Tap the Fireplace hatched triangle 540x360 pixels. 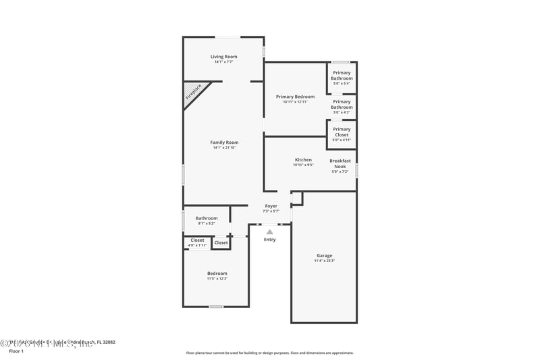pyautogui.click(x=193, y=93)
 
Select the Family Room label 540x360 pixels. pyautogui.click(x=224, y=143)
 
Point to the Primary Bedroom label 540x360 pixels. pyautogui.click(x=295, y=97)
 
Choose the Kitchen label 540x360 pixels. pyautogui.click(x=303, y=160)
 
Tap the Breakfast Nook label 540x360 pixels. pyautogui.click(x=340, y=163)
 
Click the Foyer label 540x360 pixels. pyautogui.click(x=271, y=205)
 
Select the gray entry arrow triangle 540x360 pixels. pyautogui.click(x=270, y=232)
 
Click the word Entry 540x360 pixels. pyautogui.click(x=270, y=240)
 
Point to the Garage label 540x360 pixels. pyautogui.click(x=324, y=255)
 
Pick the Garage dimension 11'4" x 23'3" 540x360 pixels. pyautogui.click(x=324, y=261)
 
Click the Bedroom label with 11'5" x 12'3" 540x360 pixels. pyautogui.click(x=217, y=273)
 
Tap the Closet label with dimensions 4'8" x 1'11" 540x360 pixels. pyautogui.click(x=197, y=240)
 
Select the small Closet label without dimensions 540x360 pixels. pyautogui.click(x=221, y=242)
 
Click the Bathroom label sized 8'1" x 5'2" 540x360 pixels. pyautogui.click(x=207, y=218)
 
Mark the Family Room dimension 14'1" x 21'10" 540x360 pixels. pyautogui.click(x=224, y=147)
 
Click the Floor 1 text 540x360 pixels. pyautogui.click(x=16, y=351)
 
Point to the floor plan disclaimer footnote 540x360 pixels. pyautogui.click(x=270, y=353)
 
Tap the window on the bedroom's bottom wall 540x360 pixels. pyautogui.click(x=216, y=307)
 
